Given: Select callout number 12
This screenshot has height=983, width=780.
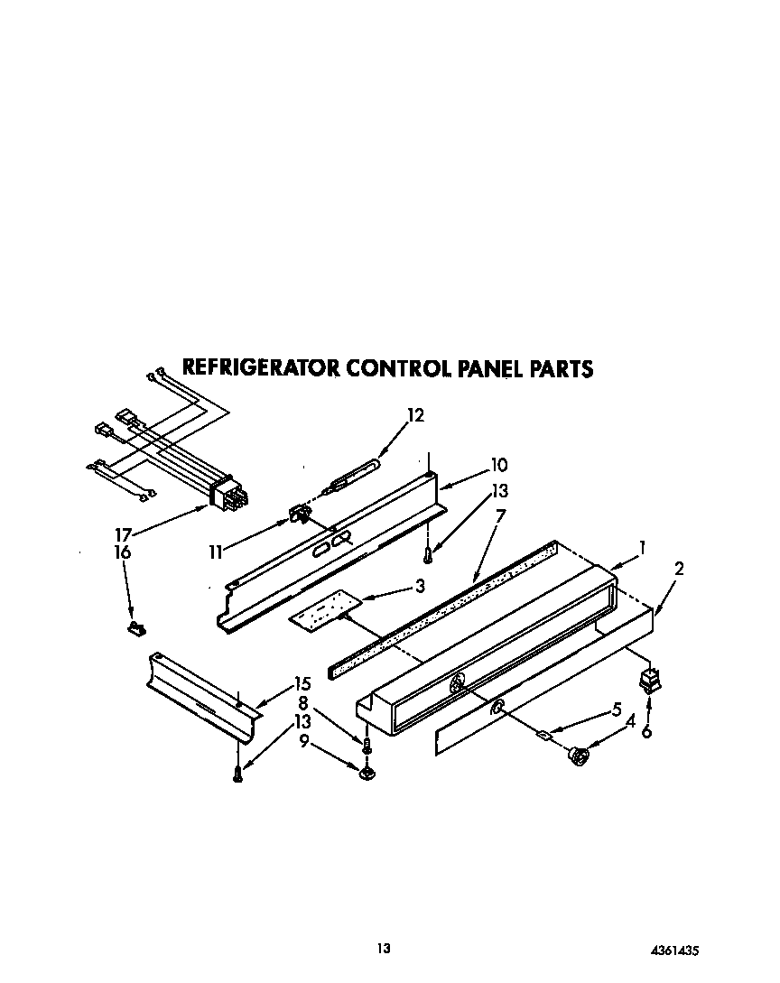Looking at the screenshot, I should tap(415, 416).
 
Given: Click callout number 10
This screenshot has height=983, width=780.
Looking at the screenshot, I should tap(498, 466).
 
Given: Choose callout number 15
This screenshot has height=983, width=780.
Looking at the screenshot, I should tap(302, 684).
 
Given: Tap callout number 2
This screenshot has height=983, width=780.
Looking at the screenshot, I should tap(678, 569).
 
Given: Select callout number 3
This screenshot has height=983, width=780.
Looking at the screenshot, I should tap(419, 586).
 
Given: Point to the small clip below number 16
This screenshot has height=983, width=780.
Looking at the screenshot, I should tap(136, 626).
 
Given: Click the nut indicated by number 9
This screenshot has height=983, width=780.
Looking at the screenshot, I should tap(367, 772).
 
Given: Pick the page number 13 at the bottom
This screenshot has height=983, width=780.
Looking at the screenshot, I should tap(384, 949).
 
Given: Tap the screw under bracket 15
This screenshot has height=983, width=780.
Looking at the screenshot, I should tap(237, 773).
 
